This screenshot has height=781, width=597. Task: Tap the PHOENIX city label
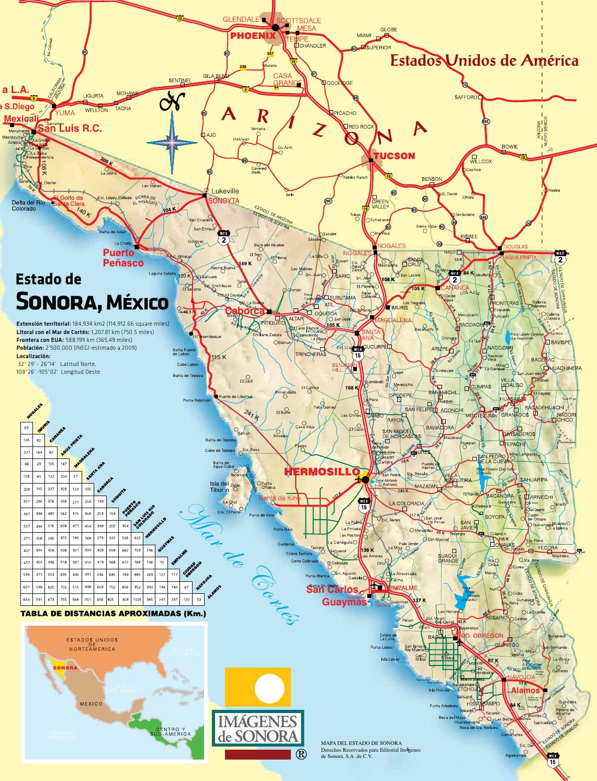point(252,36)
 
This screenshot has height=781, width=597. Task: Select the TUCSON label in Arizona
point(393,155)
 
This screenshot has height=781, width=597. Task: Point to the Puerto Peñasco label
point(122,258)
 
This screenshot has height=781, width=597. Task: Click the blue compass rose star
point(172,140)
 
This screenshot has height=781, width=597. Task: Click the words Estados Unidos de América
point(485,61)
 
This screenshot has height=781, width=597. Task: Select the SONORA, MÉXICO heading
point(92,302)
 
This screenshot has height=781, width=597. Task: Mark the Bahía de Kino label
point(280,498)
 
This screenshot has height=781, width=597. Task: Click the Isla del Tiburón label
point(219,487)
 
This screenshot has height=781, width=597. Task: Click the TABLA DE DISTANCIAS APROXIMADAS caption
point(112,613)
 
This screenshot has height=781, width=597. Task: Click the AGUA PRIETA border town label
point(517,258)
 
